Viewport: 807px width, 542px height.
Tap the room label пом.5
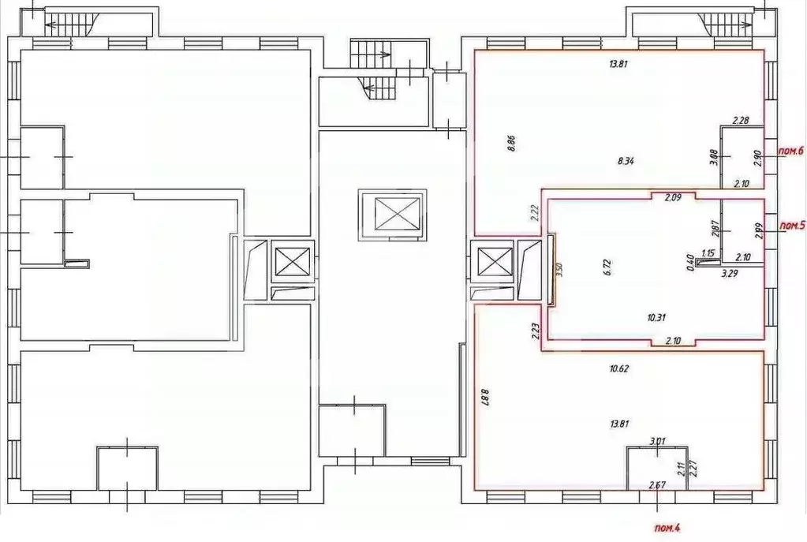[x=792, y=226]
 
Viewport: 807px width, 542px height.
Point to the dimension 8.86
[x=511, y=146]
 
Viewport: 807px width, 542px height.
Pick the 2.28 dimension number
[x=740, y=121]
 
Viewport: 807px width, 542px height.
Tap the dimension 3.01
[x=656, y=442]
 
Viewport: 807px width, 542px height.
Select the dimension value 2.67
[x=656, y=484]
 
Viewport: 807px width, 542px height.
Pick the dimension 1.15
[x=708, y=253]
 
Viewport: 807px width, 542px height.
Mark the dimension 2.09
[x=672, y=197]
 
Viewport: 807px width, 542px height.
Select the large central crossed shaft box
[x=393, y=212]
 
